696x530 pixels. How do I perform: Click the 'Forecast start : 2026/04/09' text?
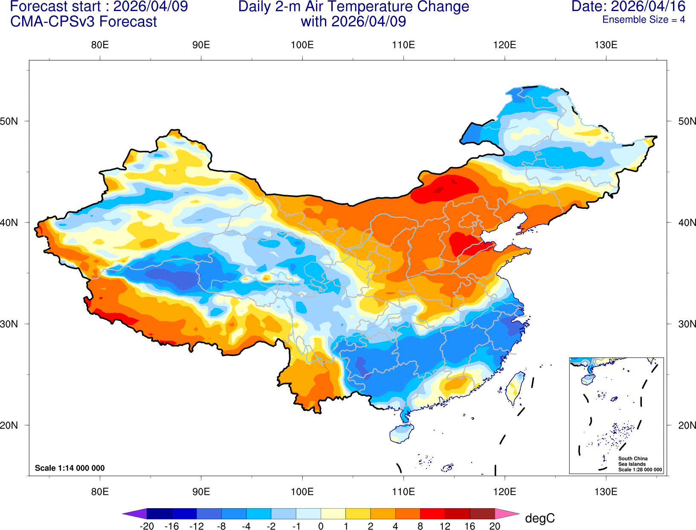pos(99,6)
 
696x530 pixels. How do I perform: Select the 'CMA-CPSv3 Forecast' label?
pos(83,22)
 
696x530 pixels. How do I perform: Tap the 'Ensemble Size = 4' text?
pos(643,20)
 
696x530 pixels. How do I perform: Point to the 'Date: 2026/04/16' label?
pos(628,6)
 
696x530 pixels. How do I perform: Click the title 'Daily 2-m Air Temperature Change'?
pos(353,6)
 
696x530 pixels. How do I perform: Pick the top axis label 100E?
pos(302,45)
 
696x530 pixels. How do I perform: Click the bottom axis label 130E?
pos(606,492)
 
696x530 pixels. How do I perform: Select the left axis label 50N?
pos(9,121)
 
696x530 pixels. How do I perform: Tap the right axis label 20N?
pos(687,425)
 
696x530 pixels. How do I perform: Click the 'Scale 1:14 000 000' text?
pos(70,468)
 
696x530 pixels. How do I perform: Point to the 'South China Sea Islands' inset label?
pos(632,461)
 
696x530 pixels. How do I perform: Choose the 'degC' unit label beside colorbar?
pos(539,518)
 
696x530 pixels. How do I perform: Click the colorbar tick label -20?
pos(147,526)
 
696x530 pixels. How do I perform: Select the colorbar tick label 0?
pos(321,526)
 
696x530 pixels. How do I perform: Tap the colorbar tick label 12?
pos(445,526)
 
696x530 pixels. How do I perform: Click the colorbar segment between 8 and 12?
pos(432,513)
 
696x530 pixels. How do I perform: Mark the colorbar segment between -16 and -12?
pos(184,513)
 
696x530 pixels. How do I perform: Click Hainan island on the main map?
pos(401,433)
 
